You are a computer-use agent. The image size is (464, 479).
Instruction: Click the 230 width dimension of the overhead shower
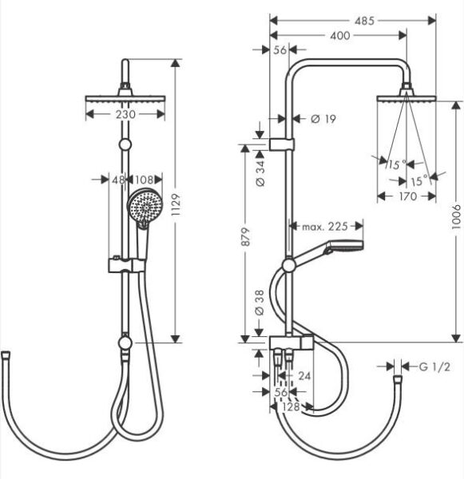125,114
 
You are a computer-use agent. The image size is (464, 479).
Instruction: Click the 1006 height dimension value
456,216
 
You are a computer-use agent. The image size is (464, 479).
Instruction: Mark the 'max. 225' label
325,227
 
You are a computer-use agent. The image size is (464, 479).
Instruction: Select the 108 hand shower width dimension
143,180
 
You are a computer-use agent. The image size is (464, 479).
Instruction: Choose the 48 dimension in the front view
117,180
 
